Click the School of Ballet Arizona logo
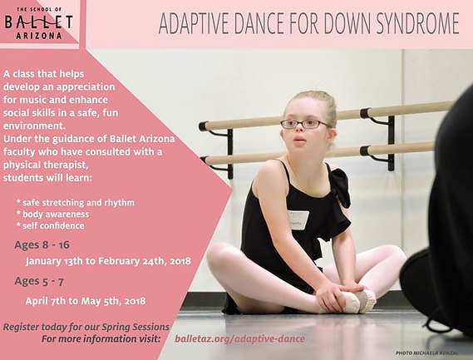(38, 23)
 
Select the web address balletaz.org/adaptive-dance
(239, 339)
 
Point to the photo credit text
(426, 353)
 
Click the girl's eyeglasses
(305, 124)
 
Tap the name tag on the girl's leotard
(298, 220)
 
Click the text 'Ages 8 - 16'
(42, 244)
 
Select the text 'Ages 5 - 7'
(39, 281)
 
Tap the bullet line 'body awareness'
(53, 215)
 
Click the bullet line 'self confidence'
(51, 225)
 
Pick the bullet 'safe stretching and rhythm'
(76, 203)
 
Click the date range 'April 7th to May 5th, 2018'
(86, 301)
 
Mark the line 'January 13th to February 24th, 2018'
(108, 261)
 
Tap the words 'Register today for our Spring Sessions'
(86, 327)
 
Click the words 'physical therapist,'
(46, 165)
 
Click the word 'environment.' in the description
(34, 126)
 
